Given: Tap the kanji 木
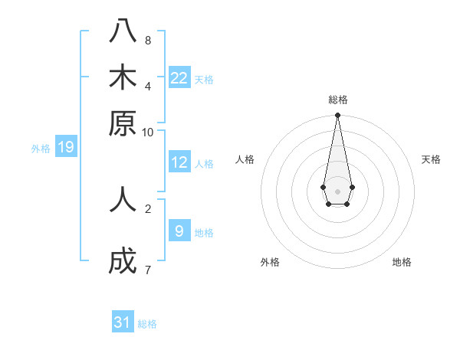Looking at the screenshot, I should click(123, 78).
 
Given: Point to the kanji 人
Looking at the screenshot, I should click(123, 200).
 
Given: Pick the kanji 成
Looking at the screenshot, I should click(123, 262).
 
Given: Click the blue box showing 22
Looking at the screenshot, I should click(179, 78).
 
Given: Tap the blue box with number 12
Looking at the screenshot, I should click(179, 162).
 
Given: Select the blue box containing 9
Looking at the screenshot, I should click(179, 231).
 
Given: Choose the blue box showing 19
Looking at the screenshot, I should click(66, 147).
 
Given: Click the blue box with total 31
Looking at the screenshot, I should click(123, 322).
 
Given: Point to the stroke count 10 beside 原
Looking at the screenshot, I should click(148, 132).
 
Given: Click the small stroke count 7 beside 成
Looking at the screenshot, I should click(147, 269).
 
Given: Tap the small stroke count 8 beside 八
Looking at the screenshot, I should click(147, 40).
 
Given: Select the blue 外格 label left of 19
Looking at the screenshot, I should click(41, 149).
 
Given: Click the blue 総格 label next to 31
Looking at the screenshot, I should click(147, 324).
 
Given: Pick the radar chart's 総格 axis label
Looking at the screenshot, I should click(337, 100).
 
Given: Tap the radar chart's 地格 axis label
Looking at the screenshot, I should click(402, 262).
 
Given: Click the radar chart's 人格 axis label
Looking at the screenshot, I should click(245, 159).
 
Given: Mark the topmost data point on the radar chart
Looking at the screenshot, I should click(337, 116).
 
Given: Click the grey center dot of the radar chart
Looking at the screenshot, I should click(337, 190).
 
